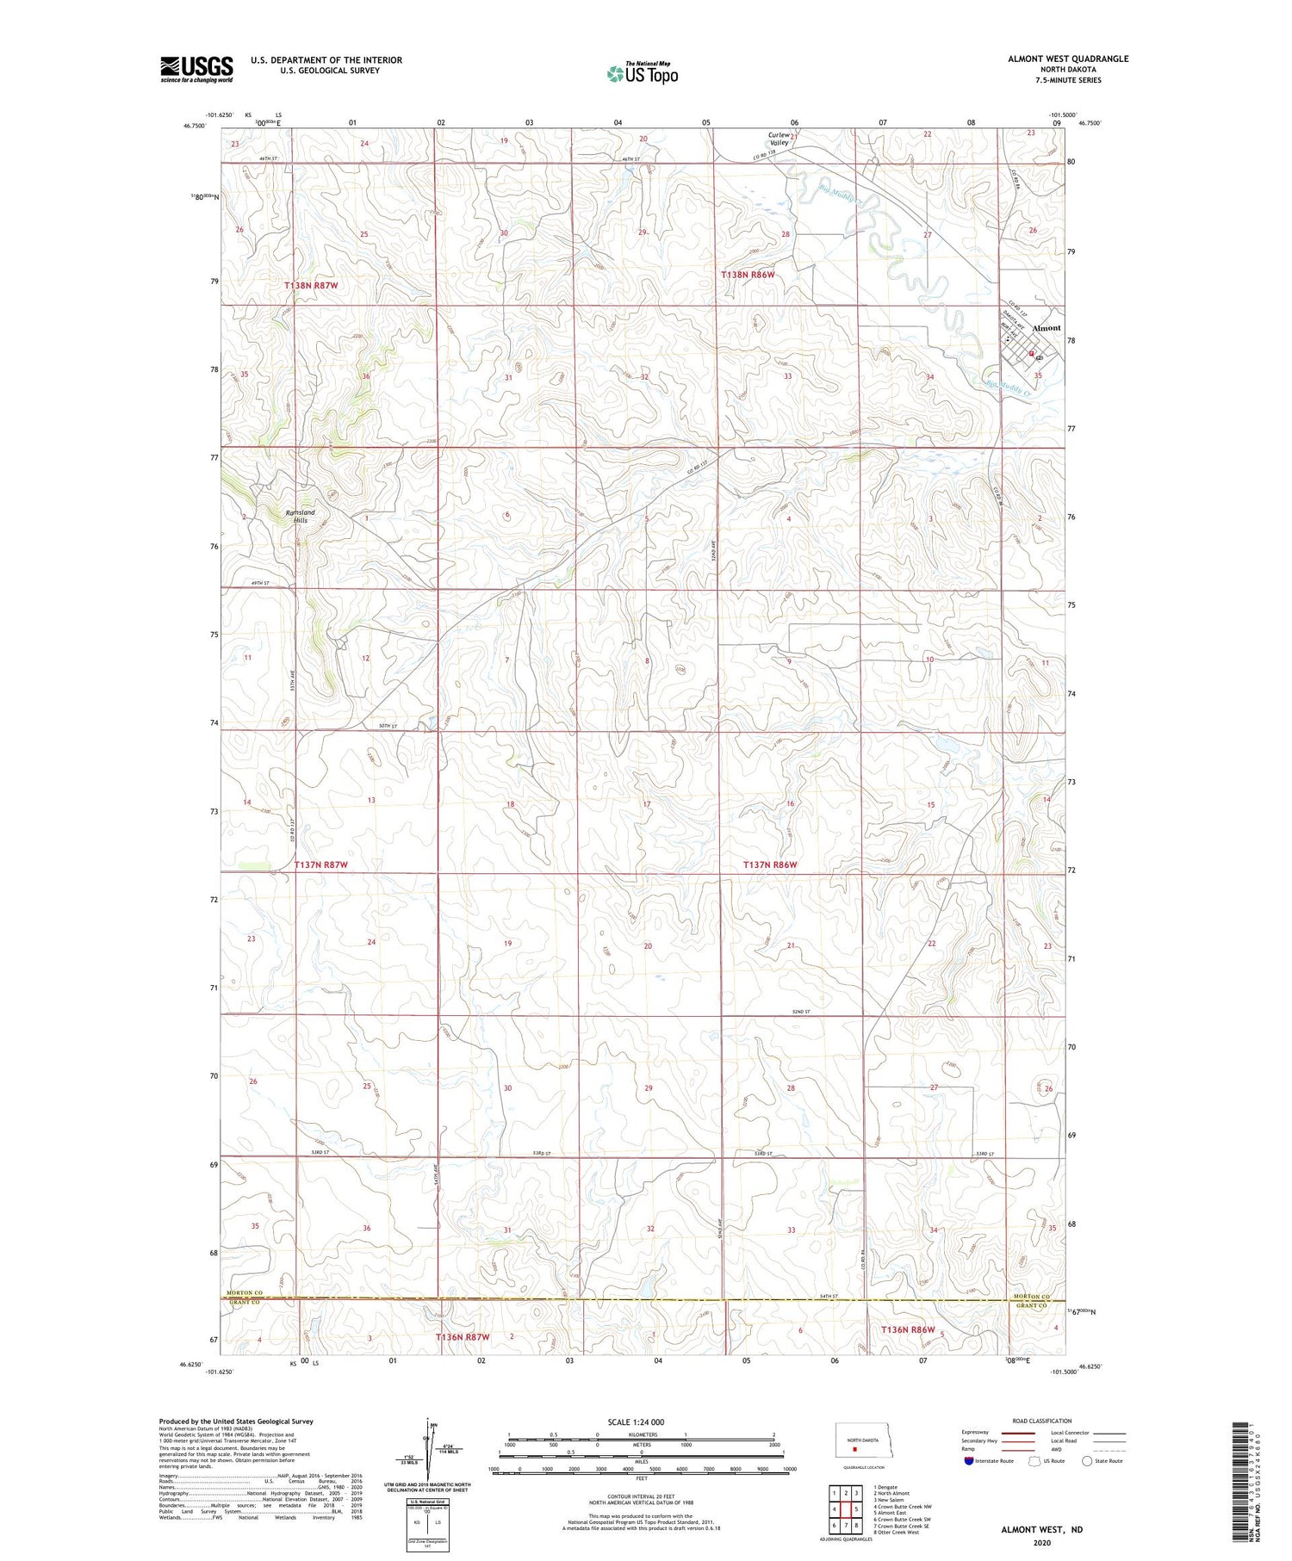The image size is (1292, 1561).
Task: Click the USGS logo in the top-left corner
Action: [196, 69]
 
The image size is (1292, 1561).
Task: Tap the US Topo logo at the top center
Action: [643, 74]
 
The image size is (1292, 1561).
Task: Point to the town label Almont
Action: [1047, 328]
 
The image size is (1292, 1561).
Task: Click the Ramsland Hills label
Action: [300, 517]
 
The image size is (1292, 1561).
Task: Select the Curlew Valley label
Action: [779, 139]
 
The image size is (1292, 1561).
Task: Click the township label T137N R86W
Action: [770, 864]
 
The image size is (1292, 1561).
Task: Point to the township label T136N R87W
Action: [463, 1337]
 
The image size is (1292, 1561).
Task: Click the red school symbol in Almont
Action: [1031, 353]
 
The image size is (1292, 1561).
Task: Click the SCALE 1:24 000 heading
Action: [641, 1422]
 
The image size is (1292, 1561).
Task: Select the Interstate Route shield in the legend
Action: [969, 1461]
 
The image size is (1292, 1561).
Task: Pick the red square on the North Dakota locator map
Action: [854, 1447]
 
